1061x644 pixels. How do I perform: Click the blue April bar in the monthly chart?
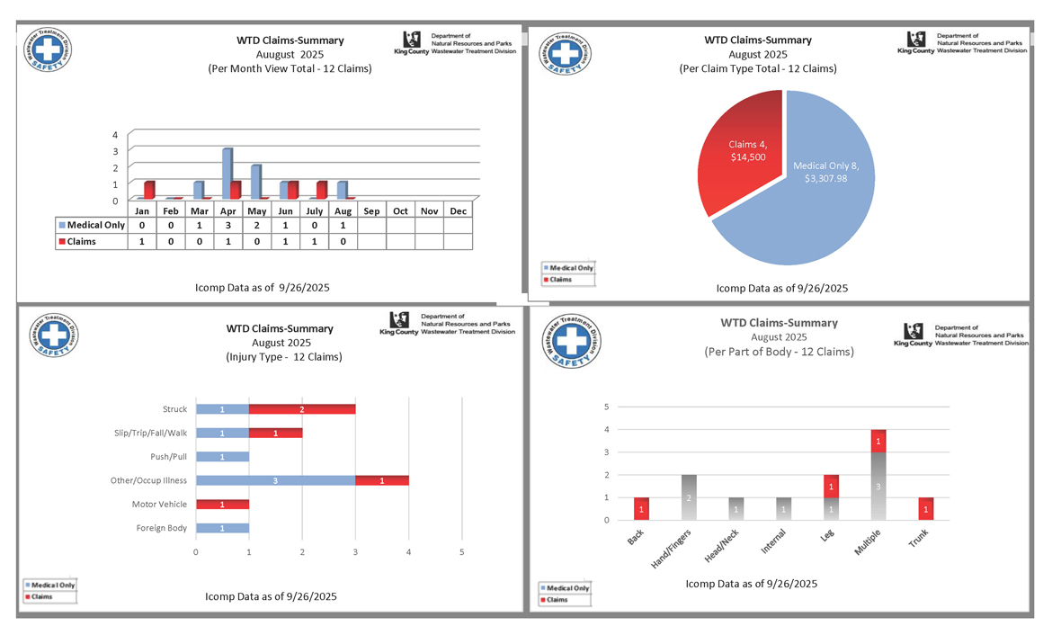pos(227,173)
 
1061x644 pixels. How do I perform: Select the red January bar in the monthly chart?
pos(149,189)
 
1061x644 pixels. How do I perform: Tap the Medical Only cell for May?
pos(256,225)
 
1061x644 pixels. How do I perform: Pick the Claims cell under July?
pos(314,241)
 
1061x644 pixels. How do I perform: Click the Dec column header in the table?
pos(458,210)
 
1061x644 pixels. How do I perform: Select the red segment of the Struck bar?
pos(301,409)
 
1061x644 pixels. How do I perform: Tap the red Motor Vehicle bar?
pos(222,505)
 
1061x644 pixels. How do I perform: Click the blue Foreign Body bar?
pos(222,528)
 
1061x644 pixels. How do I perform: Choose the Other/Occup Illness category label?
pos(148,481)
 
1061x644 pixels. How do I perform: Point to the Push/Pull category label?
pos(169,457)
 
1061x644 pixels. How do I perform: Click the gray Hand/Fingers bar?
pos(689,496)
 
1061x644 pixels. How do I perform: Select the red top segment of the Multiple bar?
pos(878,441)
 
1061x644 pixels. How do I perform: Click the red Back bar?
pos(641,508)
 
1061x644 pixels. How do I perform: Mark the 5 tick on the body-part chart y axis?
pos(607,407)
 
